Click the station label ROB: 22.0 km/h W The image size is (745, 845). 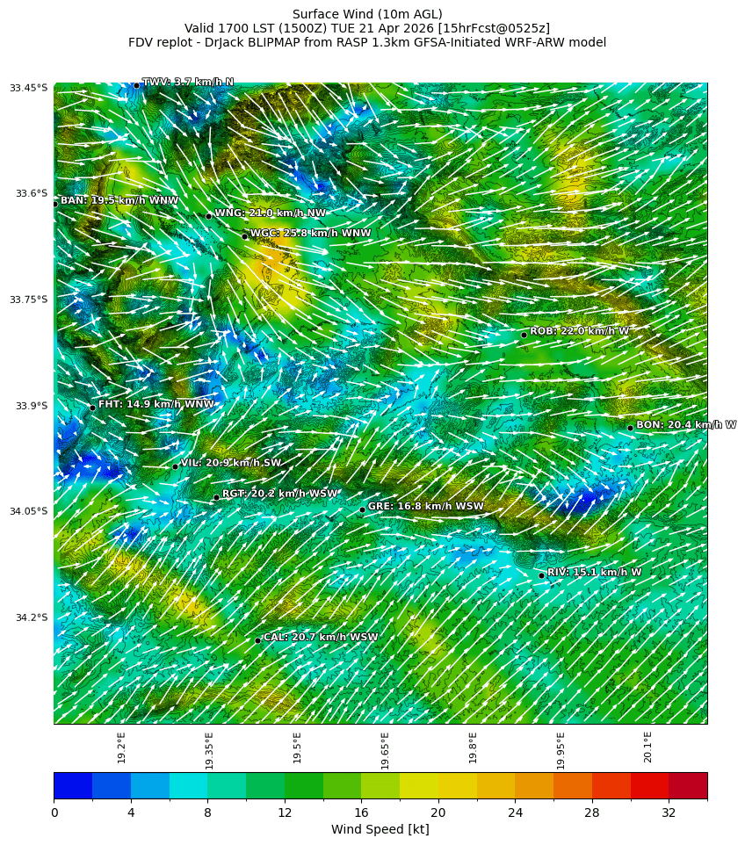(579, 331)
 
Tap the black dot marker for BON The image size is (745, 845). (630, 428)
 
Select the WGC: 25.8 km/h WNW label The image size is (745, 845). (310, 234)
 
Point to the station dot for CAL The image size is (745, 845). (257, 640)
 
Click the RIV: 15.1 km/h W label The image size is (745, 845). (594, 573)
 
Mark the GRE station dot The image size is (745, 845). (362, 509)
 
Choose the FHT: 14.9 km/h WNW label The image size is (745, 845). (156, 405)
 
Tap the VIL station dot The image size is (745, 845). (175, 466)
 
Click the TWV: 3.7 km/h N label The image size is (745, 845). (188, 83)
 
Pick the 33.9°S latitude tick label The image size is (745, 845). (30, 406)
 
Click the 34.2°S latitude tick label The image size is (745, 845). (30, 617)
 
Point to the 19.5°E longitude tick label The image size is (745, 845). (297, 747)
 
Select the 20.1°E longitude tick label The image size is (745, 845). (647, 747)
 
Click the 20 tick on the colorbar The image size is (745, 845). (438, 813)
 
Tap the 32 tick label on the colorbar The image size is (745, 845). (669, 813)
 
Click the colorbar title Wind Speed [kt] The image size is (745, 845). (380, 830)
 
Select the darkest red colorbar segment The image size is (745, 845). (688, 785)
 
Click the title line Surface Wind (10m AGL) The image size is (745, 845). (367, 14)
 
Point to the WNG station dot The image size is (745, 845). (208, 216)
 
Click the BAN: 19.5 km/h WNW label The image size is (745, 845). (119, 201)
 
